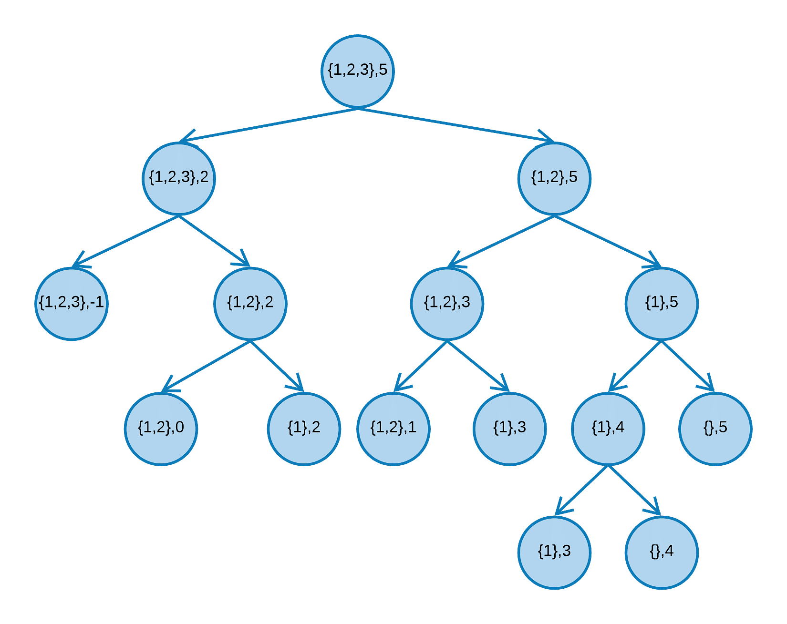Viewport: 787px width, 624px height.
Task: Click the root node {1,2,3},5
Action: (x=357, y=72)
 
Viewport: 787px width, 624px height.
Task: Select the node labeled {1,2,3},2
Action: (x=179, y=178)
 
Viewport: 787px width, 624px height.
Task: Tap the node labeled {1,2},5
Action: (x=554, y=178)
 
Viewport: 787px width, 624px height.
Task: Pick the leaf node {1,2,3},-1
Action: (x=72, y=304)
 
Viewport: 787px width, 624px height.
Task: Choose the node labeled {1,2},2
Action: (x=250, y=304)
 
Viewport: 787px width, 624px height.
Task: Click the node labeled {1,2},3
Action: (x=447, y=304)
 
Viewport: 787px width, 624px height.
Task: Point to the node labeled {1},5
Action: (x=662, y=304)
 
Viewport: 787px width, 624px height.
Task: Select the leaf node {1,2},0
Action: (x=161, y=429)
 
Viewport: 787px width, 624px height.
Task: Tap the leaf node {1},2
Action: (x=304, y=429)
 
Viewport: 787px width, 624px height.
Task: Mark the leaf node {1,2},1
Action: (x=393, y=429)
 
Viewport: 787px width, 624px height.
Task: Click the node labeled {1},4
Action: (x=608, y=429)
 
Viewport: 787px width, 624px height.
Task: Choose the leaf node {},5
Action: (x=715, y=429)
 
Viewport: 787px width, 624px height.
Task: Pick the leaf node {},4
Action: (x=662, y=552)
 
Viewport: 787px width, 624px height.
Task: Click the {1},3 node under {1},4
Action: (x=554, y=552)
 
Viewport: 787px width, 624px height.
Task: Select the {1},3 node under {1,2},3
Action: (x=509, y=429)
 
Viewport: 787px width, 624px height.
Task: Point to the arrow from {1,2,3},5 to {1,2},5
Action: (x=456, y=125)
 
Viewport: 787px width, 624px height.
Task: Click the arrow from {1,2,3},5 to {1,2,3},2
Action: (x=268, y=125)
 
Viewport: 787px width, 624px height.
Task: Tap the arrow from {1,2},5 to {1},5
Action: (x=608, y=241)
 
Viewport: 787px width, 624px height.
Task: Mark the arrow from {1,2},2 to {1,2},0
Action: (x=206, y=366)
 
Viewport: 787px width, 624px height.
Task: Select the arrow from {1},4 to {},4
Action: (x=635, y=491)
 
